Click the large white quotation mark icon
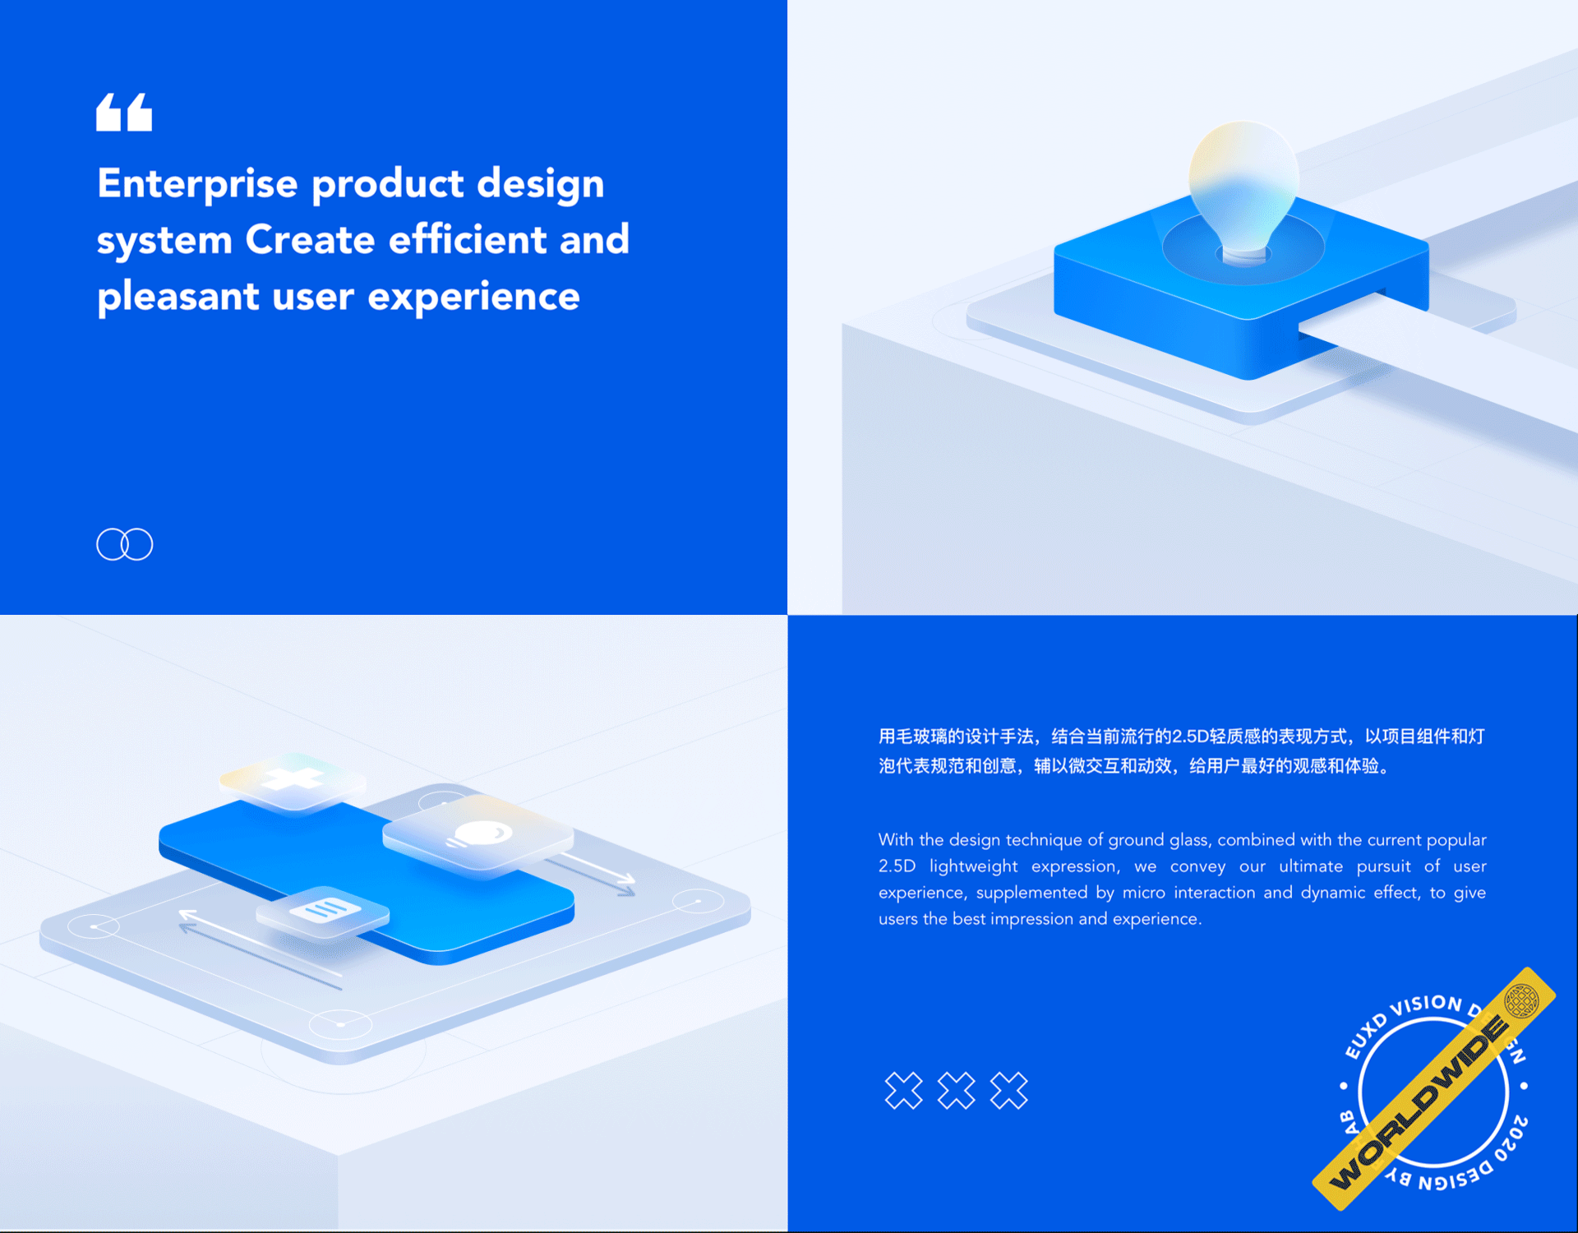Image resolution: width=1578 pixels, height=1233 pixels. click(124, 112)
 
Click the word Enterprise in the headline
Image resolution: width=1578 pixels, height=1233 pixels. click(197, 183)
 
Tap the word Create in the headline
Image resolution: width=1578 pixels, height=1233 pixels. click(310, 239)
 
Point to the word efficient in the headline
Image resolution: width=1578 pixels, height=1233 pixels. click(468, 239)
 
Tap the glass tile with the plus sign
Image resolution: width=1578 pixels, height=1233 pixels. click(293, 782)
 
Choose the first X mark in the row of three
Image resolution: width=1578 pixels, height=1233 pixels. click(903, 1091)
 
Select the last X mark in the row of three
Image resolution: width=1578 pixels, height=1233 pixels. click(1008, 1091)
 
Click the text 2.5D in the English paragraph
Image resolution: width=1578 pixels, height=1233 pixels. click(897, 866)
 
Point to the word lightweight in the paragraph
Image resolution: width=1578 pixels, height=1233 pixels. click(973, 867)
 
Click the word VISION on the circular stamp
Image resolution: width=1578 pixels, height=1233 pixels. click(1426, 1005)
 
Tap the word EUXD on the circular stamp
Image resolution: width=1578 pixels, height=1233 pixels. click(1364, 1036)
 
